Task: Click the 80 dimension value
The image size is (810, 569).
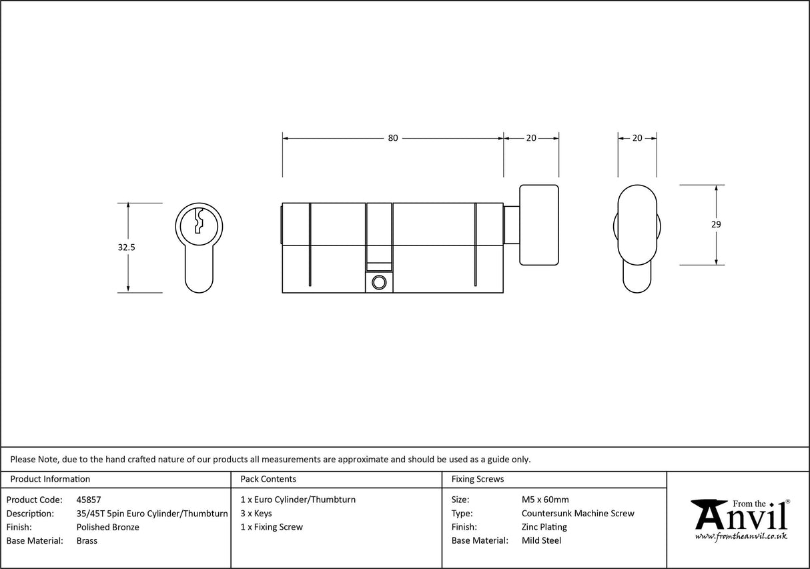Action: pyautogui.click(x=392, y=138)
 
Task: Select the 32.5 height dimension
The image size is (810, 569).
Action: pyautogui.click(x=127, y=247)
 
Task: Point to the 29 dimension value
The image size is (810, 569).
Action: pyautogui.click(x=716, y=225)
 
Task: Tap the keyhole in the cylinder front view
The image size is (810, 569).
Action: pyautogui.click(x=199, y=221)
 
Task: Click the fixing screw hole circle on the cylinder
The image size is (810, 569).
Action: pyautogui.click(x=379, y=282)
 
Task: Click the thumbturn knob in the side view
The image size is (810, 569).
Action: pyautogui.click(x=538, y=224)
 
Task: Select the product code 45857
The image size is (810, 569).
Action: pyautogui.click(x=89, y=500)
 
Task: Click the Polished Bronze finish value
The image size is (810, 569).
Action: pyautogui.click(x=108, y=527)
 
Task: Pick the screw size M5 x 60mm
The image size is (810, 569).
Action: pyautogui.click(x=545, y=500)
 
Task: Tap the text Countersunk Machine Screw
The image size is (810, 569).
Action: pyautogui.click(x=578, y=514)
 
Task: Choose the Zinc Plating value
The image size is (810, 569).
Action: pyautogui.click(x=544, y=527)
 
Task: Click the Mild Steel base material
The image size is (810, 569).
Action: pyautogui.click(x=541, y=541)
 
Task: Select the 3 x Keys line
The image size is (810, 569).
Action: pyautogui.click(x=256, y=514)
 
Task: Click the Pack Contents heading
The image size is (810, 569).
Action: pyautogui.click(x=268, y=479)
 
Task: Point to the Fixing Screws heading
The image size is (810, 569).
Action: pyautogui.click(x=478, y=479)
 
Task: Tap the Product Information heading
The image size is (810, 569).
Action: pyautogui.click(x=50, y=479)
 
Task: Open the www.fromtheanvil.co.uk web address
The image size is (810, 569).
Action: pyautogui.click(x=741, y=536)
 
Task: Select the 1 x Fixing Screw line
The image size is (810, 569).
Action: pyautogui.click(x=272, y=527)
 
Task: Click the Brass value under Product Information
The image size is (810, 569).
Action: pyautogui.click(x=87, y=541)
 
